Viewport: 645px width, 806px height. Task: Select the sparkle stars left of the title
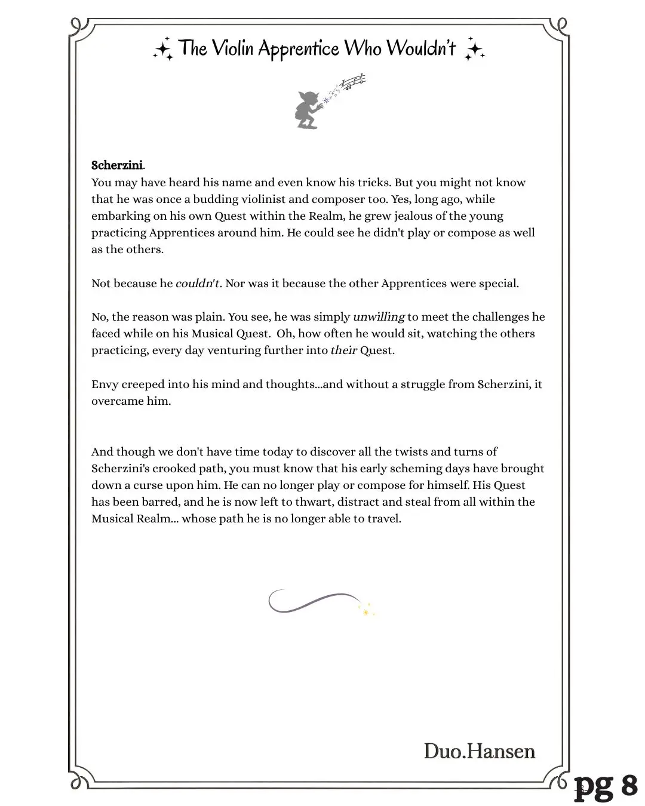pyautogui.click(x=163, y=50)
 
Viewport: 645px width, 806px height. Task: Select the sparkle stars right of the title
pyautogui.click(x=474, y=50)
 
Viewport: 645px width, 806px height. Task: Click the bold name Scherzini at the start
pyautogui.click(x=117, y=165)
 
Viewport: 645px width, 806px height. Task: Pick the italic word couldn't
pyautogui.click(x=197, y=284)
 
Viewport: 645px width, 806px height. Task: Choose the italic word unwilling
pyautogui.click(x=379, y=317)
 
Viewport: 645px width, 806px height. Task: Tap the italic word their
pyautogui.click(x=343, y=350)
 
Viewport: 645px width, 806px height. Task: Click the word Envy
pyautogui.click(x=105, y=384)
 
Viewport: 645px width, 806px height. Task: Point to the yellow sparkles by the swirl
pyautogui.click(x=367, y=610)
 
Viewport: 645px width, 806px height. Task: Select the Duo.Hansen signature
pyautogui.click(x=479, y=751)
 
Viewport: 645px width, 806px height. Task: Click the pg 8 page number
pyautogui.click(x=606, y=786)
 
